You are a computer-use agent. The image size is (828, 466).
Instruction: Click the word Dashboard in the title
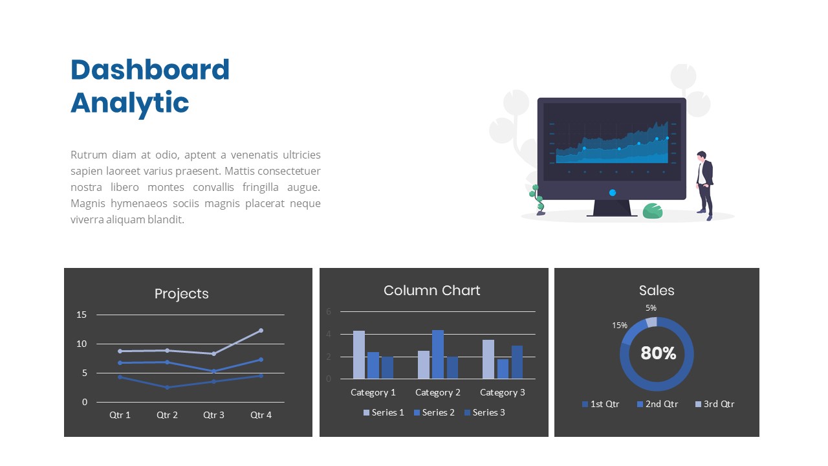pos(150,70)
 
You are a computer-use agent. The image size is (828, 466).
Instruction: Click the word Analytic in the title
pos(129,103)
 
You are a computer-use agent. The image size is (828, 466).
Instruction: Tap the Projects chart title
pos(181,294)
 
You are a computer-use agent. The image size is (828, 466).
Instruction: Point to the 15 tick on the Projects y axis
pos(82,315)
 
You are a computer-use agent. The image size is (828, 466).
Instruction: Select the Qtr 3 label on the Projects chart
pos(213,415)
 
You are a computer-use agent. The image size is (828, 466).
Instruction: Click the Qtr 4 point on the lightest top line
pos(261,331)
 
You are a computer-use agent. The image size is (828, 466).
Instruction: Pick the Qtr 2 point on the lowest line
pos(167,387)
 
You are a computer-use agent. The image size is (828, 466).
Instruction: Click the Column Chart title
pos(431,291)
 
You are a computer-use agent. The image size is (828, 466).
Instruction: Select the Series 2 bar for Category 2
pos(438,354)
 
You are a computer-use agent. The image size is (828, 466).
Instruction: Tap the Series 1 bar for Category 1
pos(359,355)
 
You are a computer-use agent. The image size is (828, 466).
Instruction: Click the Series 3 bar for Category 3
pos(517,362)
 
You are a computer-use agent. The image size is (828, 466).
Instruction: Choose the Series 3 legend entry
pos(485,412)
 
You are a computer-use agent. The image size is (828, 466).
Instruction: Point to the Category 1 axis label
pos(373,392)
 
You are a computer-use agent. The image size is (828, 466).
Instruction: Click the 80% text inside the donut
pos(658,353)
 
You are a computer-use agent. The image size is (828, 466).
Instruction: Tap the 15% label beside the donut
pos(620,325)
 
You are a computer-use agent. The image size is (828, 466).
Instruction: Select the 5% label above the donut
pos(651,308)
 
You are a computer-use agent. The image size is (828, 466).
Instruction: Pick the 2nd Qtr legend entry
pos(657,404)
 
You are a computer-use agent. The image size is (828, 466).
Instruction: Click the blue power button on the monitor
pos(612,192)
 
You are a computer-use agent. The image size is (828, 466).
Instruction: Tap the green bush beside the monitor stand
pos(653,211)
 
